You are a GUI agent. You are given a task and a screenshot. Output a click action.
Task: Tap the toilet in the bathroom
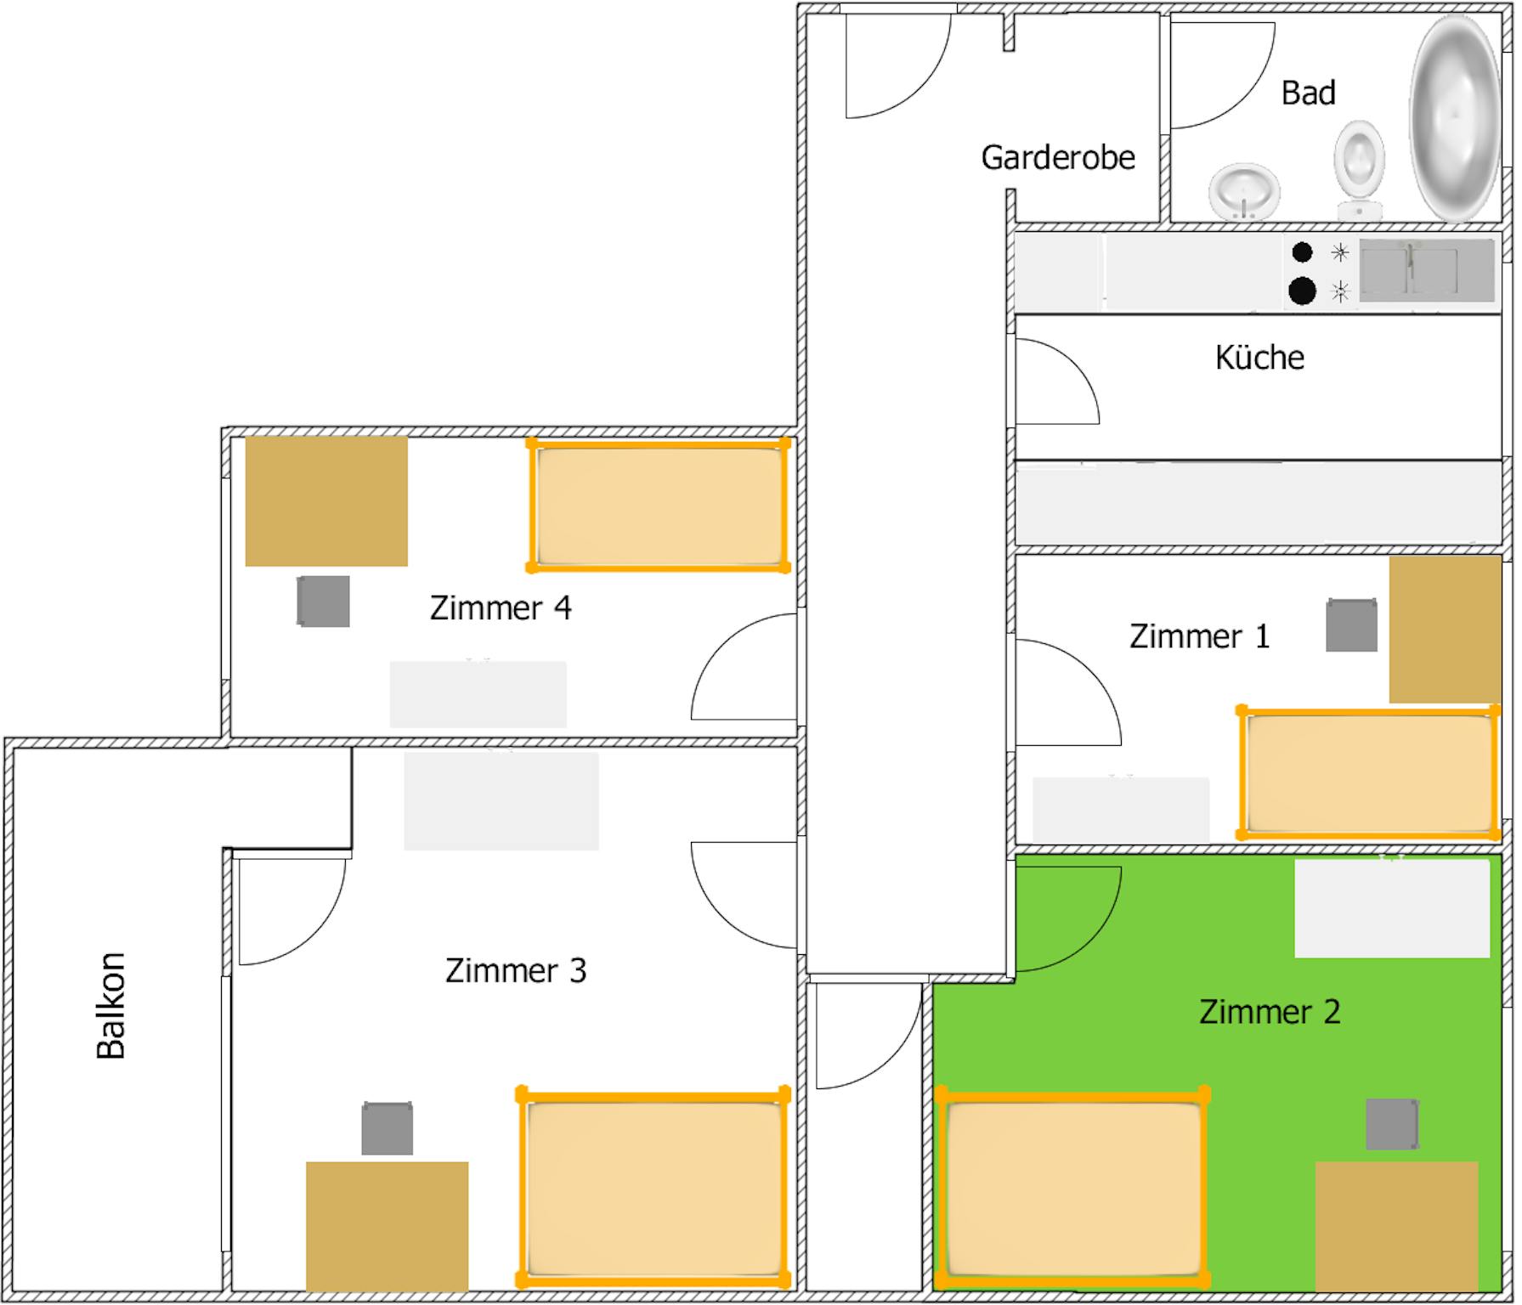pos(1359,171)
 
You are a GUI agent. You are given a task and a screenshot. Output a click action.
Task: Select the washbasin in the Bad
pos(1244,191)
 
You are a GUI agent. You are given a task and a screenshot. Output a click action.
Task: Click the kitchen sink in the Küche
pos(1427,270)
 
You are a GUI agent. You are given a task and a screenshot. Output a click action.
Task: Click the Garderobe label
pos(1058,158)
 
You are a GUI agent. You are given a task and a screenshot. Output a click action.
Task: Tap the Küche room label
pos(1259,358)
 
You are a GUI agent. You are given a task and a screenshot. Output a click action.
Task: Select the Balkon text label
pos(111,1005)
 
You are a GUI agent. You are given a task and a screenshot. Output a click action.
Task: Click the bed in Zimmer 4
pos(659,505)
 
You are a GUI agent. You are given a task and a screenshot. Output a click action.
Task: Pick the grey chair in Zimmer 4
pos(323,602)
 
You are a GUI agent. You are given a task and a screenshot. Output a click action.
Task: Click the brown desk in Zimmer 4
pos(326,501)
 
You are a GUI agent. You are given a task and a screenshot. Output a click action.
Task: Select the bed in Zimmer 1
pos(1369,772)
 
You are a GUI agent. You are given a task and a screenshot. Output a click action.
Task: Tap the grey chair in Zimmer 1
pos(1351,625)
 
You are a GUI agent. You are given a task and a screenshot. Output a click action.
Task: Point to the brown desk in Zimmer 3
pos(388,1227)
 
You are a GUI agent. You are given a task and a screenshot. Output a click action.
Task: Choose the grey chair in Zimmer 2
pos(1392,1124)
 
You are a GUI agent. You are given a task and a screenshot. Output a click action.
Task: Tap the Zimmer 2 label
pos(1270,1012)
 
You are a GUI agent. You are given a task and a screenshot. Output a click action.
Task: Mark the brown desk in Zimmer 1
pos(1445,630)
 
